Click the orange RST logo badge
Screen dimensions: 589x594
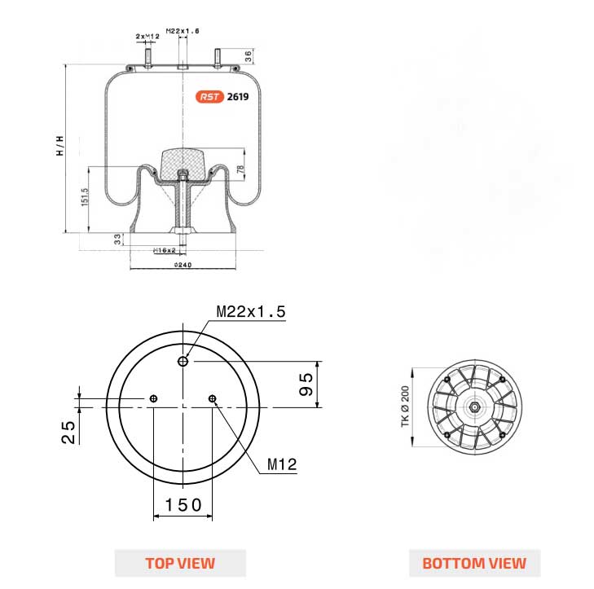pos(209,96)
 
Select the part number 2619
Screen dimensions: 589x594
pos(238,96)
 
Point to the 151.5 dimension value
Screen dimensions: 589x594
pos(85,197)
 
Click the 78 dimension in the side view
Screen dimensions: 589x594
pos(240,169)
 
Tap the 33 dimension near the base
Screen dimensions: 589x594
pos(117,239)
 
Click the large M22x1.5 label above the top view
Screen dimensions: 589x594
pos(251,312)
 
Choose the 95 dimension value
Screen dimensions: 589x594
pos(306,384)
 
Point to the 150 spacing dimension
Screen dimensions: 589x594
pos(183,505)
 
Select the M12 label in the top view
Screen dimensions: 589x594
pos(282,465)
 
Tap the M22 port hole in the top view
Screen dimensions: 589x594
pos(184,361)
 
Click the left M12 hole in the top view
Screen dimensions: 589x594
pos(153,398)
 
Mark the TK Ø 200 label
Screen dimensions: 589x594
pos(403,407)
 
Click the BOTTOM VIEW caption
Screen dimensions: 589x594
pos(473,563)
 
